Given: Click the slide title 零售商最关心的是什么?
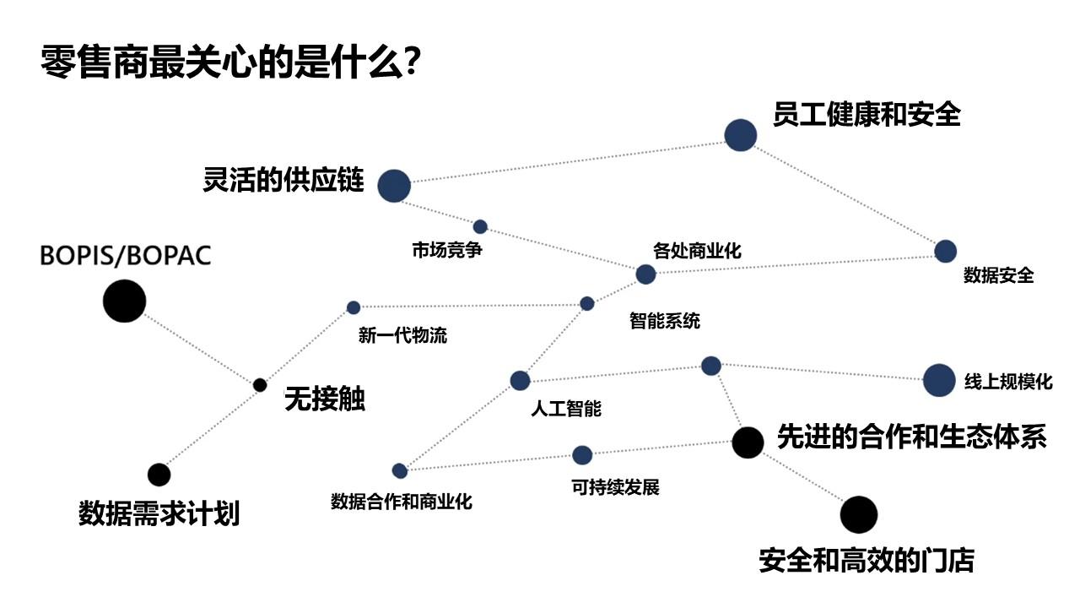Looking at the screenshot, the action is (231, 62).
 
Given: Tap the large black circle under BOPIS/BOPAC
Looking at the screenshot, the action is (124, 301).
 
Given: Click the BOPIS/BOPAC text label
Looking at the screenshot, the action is (126, 256).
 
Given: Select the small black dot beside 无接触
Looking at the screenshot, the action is (260, 385).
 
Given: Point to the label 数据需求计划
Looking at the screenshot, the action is (159, 513).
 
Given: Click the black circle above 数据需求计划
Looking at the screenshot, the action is (159, 475).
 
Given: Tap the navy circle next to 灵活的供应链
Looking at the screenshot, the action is (393, 186).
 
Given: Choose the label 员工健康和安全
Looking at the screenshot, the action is (867, 114).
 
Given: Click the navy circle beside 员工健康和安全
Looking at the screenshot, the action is (740, 135).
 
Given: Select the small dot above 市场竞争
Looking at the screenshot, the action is (480, 226).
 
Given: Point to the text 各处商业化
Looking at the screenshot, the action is (697, 250).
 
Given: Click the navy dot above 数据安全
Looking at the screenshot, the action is (945, 251).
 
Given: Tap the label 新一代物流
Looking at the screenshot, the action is (402, 335).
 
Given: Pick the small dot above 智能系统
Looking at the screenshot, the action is (587, 303).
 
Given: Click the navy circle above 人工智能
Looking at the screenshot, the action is (520, 381).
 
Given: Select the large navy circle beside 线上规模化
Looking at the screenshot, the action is (939, 381).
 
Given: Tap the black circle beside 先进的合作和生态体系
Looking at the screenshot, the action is (748, 442).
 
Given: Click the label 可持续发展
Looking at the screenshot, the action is (615, 487).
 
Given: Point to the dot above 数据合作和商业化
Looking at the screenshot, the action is (400, 470).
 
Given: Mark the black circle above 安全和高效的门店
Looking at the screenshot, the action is (859, 514).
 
